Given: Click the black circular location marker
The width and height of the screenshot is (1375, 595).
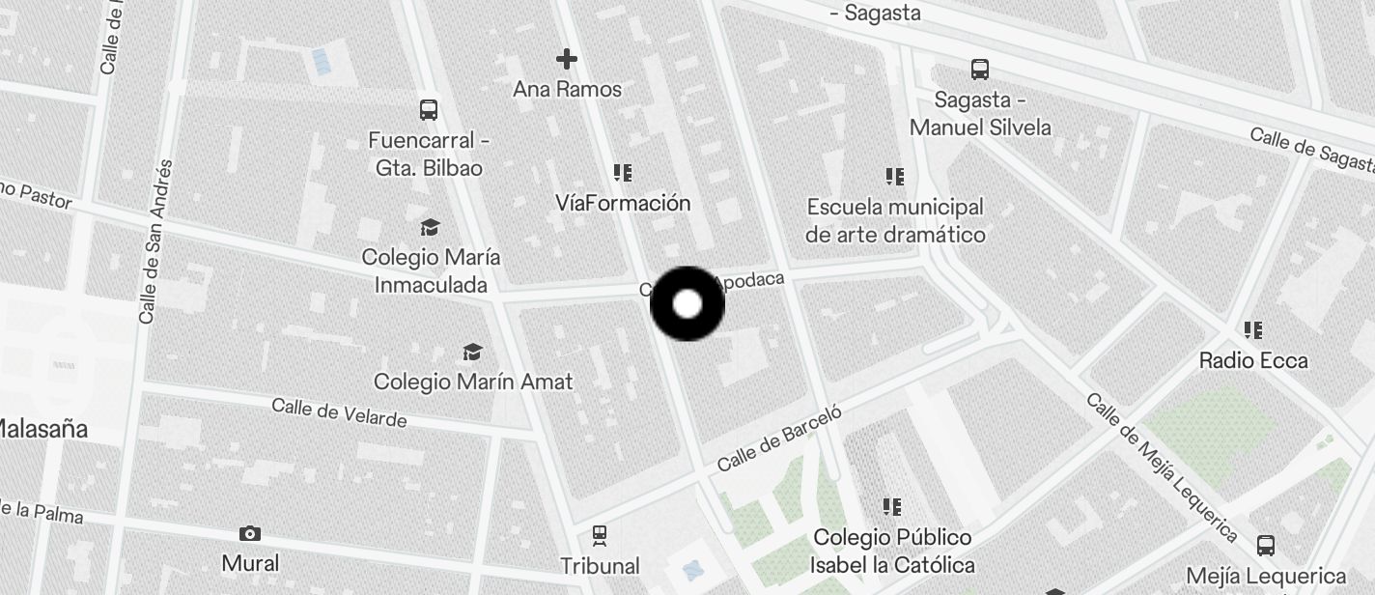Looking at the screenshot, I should (x=687, y=304).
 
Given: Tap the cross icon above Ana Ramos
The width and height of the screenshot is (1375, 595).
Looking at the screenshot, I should (x=567, y=60).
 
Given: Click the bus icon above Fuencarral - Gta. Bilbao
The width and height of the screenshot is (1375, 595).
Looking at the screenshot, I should (x=429, y=110).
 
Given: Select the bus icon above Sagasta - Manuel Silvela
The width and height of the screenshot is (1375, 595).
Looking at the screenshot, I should (x=980, y=70).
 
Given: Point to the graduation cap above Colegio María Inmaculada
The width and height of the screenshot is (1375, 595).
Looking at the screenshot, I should (x=430, y=228).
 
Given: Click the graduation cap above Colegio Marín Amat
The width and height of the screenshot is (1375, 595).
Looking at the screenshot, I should (x=472, y=352).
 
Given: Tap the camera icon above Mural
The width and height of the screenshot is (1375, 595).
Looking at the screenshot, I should (x=250, y=533).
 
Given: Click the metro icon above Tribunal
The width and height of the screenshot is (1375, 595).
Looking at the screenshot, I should (x=600, y=534).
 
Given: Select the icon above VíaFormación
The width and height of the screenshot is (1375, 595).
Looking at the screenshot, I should (x=623, y=173).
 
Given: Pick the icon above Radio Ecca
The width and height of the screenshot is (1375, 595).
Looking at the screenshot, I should (x=1253, y=330).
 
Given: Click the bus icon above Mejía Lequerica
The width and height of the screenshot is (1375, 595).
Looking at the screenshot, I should (x=1266, y=546).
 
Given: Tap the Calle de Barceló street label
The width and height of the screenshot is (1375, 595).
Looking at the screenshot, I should (x=779, y=438).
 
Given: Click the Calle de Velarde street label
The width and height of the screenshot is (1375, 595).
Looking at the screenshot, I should (x=339, y=412).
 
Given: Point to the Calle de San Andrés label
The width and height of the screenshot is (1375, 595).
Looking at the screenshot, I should (x=154, y=241).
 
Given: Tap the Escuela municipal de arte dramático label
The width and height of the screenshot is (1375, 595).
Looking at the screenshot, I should (x=895, y=220).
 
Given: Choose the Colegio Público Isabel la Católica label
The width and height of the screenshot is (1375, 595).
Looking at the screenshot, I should (x=892, y=551).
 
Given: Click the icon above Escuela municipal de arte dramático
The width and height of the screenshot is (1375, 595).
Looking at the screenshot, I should (x=895, y=177).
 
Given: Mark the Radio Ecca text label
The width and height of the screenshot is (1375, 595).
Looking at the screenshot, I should (x=1253, y=360).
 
